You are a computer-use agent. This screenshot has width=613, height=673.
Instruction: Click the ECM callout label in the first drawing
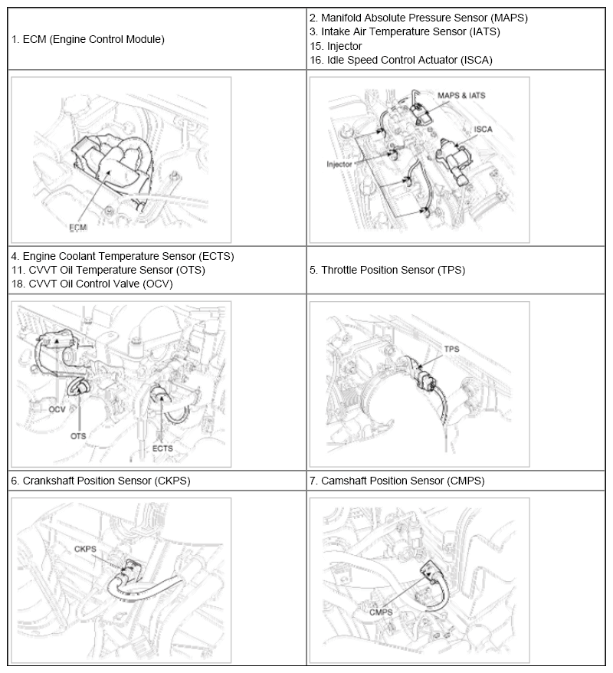tap(78, 227)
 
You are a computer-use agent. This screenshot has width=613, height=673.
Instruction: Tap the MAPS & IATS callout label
tap(461, 95)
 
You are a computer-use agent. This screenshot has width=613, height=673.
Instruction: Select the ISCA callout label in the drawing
tap(483, 130)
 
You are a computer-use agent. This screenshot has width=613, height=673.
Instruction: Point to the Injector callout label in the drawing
tap(339, 164)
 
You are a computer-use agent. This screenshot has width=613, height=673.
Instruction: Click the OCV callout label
tap(57, 409)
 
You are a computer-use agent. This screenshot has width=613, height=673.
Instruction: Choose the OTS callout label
tap(78, 435)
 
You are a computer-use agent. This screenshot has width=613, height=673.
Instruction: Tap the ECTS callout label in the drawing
tap(162, 448)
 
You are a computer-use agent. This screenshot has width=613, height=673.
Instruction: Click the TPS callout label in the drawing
tap(451, 349)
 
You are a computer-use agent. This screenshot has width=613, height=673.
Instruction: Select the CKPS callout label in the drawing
tap(85, 549)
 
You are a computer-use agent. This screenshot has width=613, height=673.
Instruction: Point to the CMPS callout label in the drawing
tap(381, 612)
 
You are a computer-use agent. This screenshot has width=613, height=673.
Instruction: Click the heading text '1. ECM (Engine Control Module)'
tap(88, 40)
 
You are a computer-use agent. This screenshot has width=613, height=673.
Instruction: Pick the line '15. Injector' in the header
tap(336, 46)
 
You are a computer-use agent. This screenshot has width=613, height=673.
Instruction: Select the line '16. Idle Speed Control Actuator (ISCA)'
tap(401, 60)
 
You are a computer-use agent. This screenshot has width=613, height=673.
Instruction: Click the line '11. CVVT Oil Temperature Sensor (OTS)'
tap(108, 270)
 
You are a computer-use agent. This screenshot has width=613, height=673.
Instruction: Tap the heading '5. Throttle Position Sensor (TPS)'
tap(388, 270)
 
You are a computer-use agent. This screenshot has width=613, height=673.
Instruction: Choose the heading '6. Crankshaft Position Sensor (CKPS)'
tap(101, 481)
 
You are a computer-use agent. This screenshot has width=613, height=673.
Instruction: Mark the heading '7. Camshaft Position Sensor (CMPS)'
tap(397, 481)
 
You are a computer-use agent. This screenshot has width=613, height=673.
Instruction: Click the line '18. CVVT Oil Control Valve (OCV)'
tap(92, 284)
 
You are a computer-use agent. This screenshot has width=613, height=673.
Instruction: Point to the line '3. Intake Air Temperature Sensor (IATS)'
tap(405, 31)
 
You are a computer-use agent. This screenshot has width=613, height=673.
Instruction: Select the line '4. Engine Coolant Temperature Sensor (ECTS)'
tap(123, 256)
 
